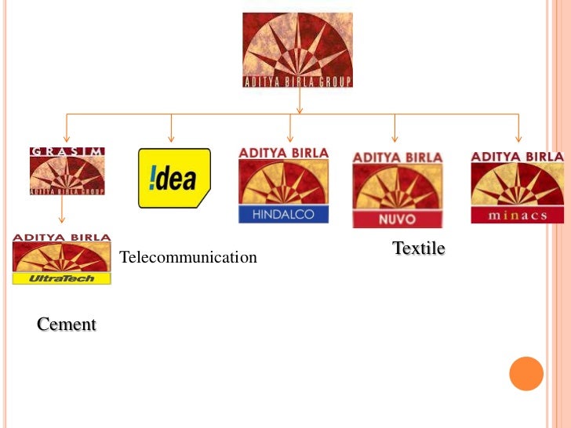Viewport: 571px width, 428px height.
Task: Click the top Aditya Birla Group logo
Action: tap(297, 49)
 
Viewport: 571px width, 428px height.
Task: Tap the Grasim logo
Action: tap(67, 170)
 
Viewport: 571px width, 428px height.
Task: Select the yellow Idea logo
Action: tap(174, 178)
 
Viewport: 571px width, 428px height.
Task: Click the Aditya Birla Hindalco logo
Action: tap(283, 184)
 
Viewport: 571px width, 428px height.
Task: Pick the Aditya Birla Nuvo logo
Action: tap(397, 189)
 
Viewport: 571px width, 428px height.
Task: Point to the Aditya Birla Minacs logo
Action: tap(517, 187)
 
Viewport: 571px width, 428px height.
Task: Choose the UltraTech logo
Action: tap(61, 258)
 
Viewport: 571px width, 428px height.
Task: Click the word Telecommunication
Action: tap(187, 257)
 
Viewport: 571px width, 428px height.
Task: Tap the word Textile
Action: tap(418, 248)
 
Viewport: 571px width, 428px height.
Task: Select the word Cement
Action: tap(67, 324)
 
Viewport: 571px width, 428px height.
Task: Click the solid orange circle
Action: tap(526, 373)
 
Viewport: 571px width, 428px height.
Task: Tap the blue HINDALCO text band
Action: tap(283, 214)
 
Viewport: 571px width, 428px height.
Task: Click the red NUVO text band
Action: tap(397, 219)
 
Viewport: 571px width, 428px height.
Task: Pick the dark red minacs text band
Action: tap(517, 215)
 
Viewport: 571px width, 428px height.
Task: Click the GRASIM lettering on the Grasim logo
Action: tap(67, 151)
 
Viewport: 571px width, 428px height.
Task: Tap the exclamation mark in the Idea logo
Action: tap(147, 179)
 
